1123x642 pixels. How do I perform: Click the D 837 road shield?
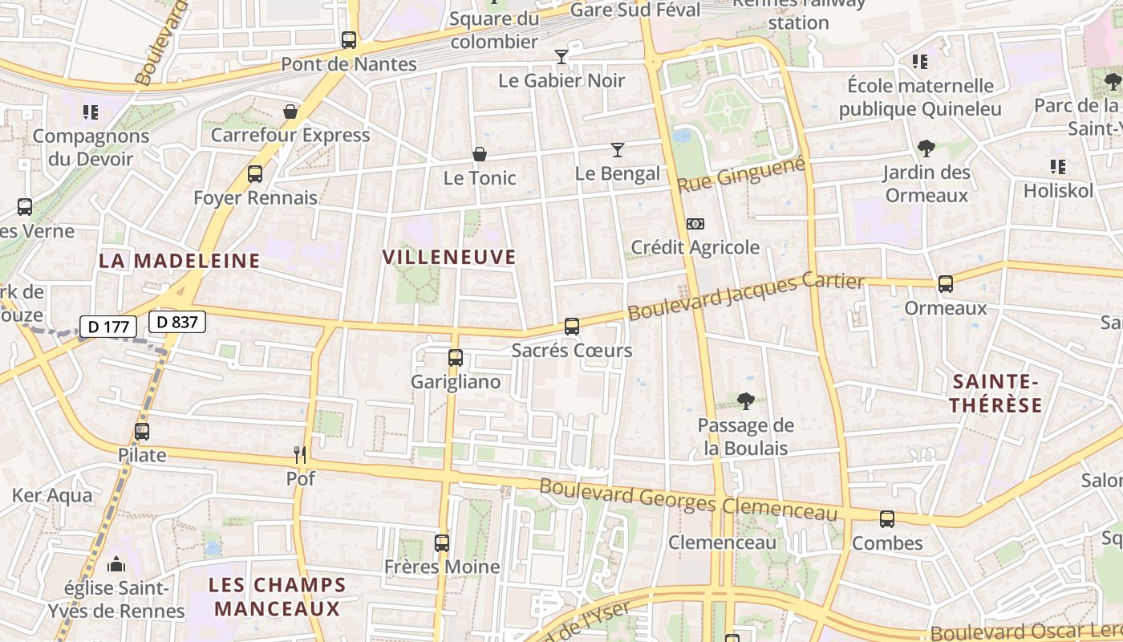coord(177,322)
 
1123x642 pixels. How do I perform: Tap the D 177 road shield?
coord(107,327)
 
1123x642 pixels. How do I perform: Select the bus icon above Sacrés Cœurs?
coord(572,327)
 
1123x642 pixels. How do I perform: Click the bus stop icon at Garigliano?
coord(456,358)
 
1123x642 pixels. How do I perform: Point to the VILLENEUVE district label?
coord(449,258)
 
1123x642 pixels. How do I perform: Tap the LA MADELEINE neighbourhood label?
coord(180,261)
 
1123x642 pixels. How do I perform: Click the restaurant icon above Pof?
coord(300,455)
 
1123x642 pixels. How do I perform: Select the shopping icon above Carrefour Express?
coord(290,111)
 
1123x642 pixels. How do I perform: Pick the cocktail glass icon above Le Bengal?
coord(617,149)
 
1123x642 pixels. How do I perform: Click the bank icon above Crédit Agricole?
coord(695,223)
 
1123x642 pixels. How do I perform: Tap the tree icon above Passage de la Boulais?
coord(746,401)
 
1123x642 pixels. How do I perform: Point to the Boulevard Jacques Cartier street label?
coord(745,296)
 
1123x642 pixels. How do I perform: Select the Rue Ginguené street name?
coord(740,175)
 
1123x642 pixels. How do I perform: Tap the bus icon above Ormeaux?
coord(946,283)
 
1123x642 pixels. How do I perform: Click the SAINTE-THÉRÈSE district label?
coord(995,393)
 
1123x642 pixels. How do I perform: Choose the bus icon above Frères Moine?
coord(442,543)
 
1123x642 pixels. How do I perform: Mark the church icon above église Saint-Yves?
coord(116,564)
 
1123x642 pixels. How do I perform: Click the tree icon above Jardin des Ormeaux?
coord(926,148)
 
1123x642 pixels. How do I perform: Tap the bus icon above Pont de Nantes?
coord(349,39)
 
